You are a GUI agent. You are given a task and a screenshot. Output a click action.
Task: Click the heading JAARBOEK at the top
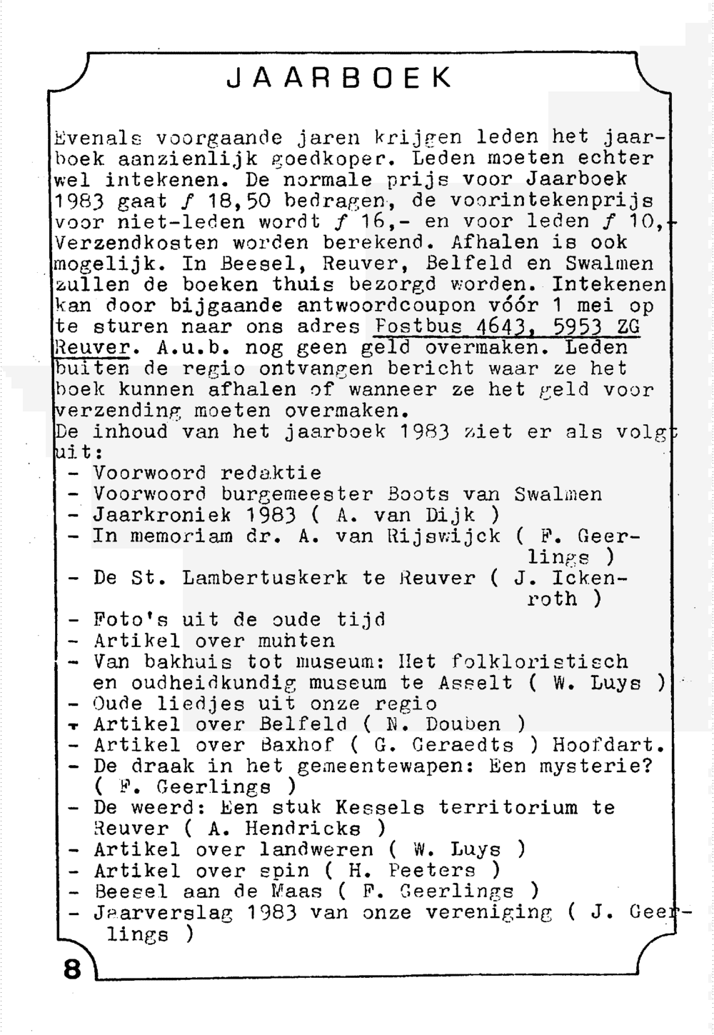point(339,78)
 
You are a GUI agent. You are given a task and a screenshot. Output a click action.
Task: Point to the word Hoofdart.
point(608,746)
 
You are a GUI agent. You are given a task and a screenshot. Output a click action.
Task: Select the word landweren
point(316,850)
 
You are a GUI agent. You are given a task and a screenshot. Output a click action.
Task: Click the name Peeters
point(432,871)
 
